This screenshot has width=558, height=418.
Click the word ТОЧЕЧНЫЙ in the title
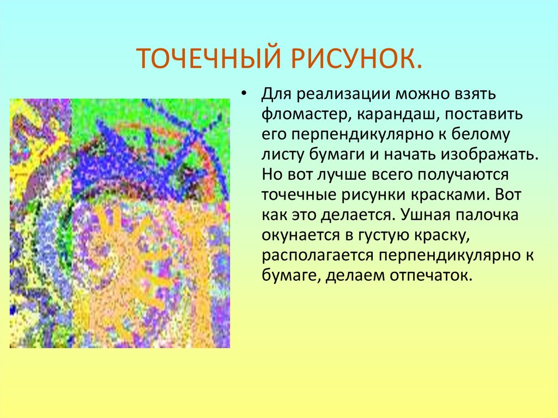203,58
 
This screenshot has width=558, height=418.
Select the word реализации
343,94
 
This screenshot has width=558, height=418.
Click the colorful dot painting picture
120,223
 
